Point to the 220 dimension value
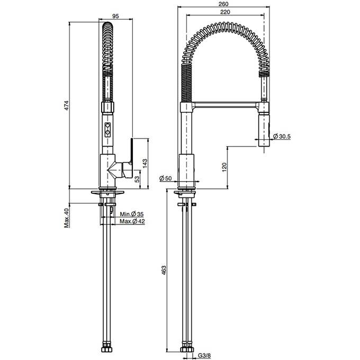coord(224,12)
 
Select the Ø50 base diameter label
coord(166,179)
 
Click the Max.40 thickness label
coord(67,218)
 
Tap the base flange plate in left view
coord(108,192)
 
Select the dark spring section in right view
coord(186,85)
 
